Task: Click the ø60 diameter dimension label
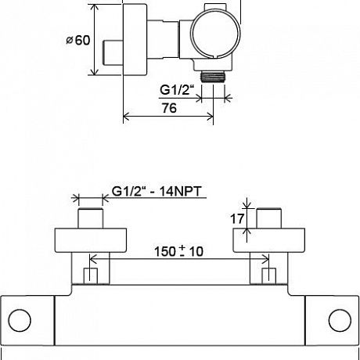(x=78, y=41)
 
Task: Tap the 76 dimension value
(x=169, y=108)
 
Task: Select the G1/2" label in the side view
(x=177, y=90)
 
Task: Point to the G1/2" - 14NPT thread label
(x=157, y=191)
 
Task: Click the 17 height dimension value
(x=237, y=218)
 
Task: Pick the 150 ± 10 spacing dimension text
(x=178, y=251)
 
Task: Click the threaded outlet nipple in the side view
(x=213, y=77)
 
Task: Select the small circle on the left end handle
(x=20, y=320)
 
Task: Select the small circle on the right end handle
(x=340, y=320)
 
